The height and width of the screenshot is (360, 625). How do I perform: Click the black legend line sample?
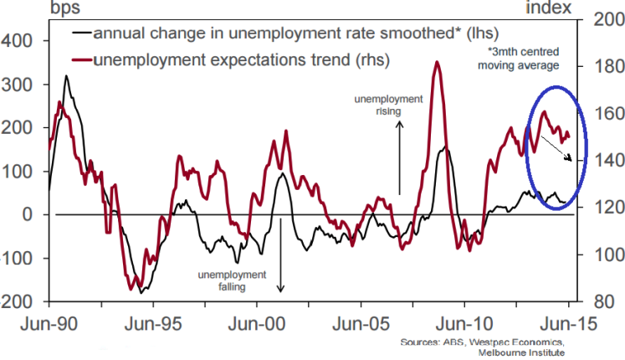coord(81,34)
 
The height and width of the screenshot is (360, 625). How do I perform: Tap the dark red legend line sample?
coord(81,60)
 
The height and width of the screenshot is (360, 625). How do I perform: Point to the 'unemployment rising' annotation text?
coord(389,105)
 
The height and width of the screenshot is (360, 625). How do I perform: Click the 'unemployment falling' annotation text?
coord(232,280)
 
